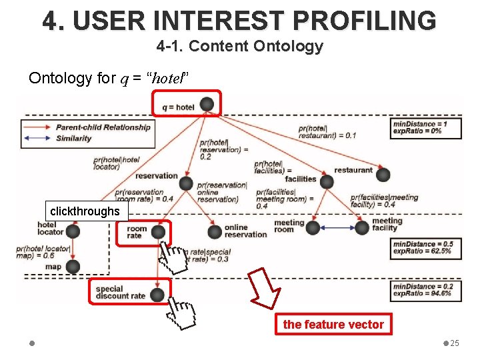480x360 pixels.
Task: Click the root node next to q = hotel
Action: click(x=207, y=105)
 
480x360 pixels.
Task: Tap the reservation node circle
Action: click(x=186, y=183)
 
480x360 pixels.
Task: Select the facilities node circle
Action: click(x=327, y=181)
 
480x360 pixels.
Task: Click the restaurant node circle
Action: click(x=383, y=175)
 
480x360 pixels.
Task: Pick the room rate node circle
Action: click(x=158, y=231)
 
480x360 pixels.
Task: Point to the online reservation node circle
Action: click(x=214, y=231)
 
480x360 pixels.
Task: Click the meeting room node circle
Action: click(x=313, y=227)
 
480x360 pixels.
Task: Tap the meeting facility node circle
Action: click(x=362, y=227)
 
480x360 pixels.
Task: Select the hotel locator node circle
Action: click(x=73, y=231)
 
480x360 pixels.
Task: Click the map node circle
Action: click(x=73, y=267)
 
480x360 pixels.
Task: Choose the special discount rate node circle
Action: click(x=157, y=294)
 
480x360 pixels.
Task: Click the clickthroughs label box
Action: click(x=85, y=211)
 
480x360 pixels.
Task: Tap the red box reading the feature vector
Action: click(x=333, y=325)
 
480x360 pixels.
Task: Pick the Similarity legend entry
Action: click(x=73, y=139)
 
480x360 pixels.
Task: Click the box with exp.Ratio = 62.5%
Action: click(x=426, y=247)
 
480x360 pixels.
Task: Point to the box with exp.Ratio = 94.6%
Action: click(x=426, y=290)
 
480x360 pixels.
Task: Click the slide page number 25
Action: click(x=455, y=343)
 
